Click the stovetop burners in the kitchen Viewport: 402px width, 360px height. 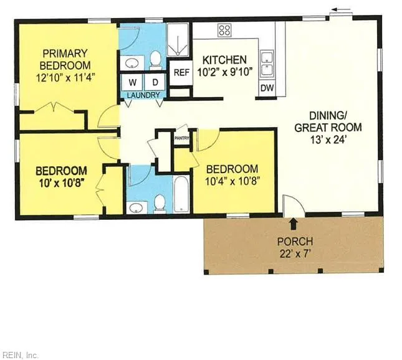(x=224, y=30)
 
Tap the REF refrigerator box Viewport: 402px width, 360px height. (x=181, y=73)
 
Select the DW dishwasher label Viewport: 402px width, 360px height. (x=267, y=88)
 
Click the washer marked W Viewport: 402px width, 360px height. (x=132, y=82)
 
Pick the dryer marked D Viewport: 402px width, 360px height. (x=155, y=82)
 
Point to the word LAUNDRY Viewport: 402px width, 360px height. (x=143, y=95)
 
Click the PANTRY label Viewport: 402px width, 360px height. (x=181, y=138)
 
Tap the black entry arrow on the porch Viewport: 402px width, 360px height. (x=294, y=224)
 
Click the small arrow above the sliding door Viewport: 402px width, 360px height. (x=341, y=10)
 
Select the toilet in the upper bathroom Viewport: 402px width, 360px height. (x=155, y=60)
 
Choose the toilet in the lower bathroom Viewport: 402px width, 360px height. (x=160, y=204)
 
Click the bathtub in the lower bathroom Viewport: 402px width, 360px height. (x=181, y=194)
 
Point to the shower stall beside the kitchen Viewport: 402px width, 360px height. (x=178, y=40)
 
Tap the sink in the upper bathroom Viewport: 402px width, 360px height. (x=132, y=63)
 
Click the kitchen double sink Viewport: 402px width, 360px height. (x=267, y=64)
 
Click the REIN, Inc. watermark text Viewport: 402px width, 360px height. (x=19, y=356)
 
